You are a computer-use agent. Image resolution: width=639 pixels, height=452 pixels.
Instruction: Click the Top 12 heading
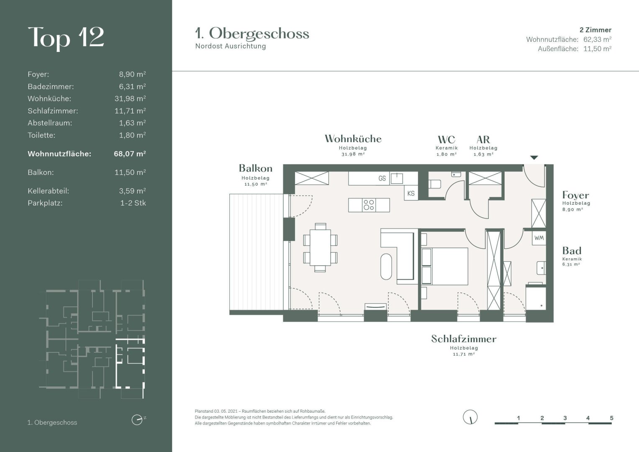66,39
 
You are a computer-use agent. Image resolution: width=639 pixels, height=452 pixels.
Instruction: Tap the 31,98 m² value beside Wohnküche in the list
130,98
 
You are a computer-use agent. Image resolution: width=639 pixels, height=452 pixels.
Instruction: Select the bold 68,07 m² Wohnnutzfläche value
130,154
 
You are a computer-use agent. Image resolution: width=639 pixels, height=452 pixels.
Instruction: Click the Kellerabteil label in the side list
48,191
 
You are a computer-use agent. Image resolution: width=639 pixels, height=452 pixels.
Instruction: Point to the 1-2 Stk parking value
133,203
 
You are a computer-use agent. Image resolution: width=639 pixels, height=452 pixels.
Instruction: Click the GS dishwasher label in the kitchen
382,178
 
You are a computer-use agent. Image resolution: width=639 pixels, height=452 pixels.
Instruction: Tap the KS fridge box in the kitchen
411,193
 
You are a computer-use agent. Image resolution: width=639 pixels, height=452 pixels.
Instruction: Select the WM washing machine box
539,238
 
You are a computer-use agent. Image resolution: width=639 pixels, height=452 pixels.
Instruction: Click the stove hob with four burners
369,205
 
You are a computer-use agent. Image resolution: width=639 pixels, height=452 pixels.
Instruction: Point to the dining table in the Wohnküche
321,247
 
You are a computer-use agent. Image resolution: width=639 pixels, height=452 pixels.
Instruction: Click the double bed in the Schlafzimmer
445,266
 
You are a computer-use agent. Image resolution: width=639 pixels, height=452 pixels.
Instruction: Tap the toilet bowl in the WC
435,184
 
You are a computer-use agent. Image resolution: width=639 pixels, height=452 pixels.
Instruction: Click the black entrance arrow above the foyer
534,157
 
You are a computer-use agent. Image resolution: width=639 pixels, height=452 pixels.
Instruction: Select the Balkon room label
256,168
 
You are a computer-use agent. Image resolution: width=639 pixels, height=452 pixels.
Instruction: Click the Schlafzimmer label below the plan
464,339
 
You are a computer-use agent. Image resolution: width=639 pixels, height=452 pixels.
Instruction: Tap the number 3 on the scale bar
565,418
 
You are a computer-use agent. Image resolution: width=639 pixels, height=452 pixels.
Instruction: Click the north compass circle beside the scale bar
470,417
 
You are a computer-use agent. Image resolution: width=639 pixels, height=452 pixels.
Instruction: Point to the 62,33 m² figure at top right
597,39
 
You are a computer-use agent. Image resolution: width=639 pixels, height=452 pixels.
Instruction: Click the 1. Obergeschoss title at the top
252,33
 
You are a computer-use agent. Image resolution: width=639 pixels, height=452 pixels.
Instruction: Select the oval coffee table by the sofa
386,267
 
